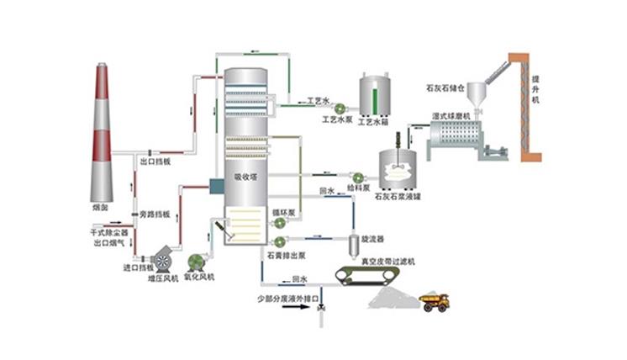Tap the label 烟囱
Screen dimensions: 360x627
100,204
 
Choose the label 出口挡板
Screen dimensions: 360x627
155,161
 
